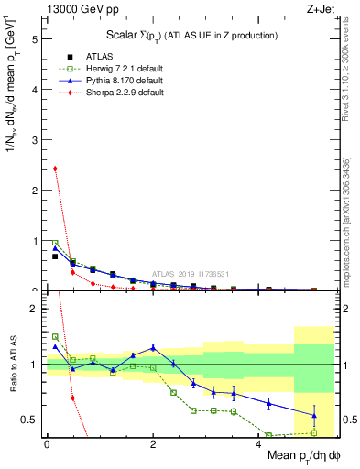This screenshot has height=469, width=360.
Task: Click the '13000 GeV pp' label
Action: point(76,9)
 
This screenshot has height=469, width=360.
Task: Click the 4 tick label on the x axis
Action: point(259,444)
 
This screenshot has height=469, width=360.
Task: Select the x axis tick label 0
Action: point(47,444)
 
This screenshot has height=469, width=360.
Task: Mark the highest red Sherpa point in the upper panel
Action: point(55,169)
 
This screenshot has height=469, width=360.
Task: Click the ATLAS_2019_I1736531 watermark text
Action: point(191,274)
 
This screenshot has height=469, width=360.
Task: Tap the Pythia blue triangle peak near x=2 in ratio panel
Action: point(153,347)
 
